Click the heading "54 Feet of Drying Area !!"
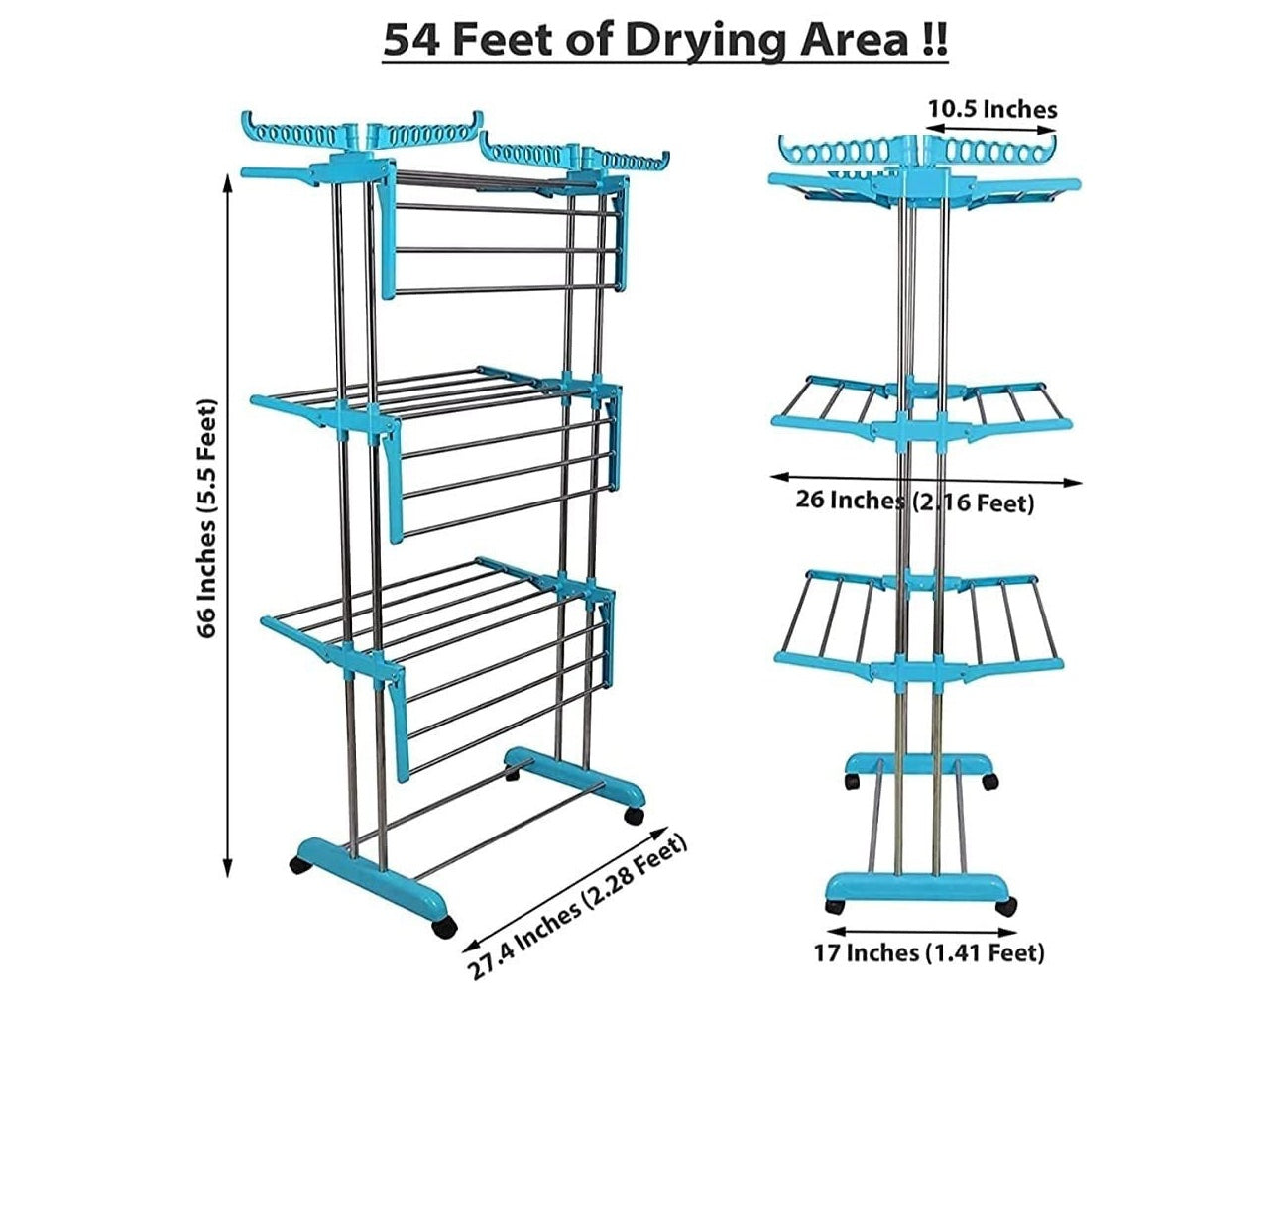click(x=665, y=41)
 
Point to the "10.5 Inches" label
click(x=991, y=108)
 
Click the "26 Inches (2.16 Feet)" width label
click(x=915, y=502)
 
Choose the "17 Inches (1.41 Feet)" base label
click(x=929, y=952)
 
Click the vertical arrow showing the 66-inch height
click(x=228, y=525)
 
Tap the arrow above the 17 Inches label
click(x=921, y=931)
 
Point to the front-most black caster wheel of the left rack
click(x=444, y=928)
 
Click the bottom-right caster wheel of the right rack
click(x=1006, y=907)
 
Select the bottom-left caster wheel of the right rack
click(x=835, y=906)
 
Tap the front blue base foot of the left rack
click(x=372, y=876)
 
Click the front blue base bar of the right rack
click(x=919, y=886)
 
